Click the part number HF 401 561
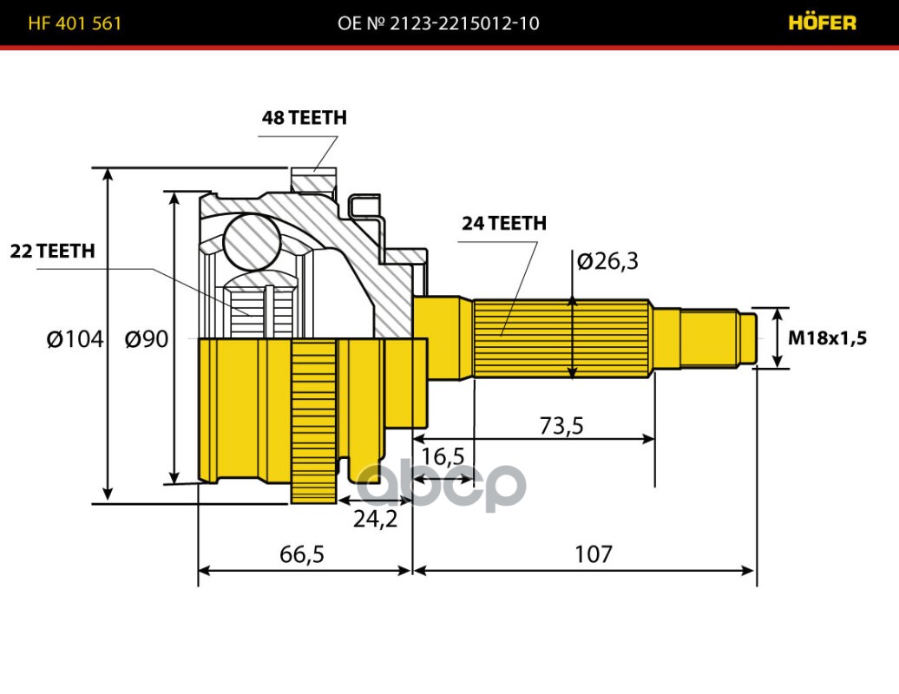(75, 23)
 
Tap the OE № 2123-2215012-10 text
(438, 23)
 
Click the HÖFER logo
(821, 23)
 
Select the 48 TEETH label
(304, 118)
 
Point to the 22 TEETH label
(52, 252)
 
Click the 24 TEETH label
(503, 223)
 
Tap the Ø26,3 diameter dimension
(607, 260)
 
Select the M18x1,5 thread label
(827, 338)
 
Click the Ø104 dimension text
(75, 339)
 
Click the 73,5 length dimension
(561, 425)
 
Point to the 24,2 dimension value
(375, 519)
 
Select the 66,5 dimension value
(303, 553)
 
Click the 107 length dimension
(593, 553)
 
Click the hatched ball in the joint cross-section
(251, 242)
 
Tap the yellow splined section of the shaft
(561, 338)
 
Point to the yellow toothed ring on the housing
(313, 421)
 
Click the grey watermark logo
(443, 486)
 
